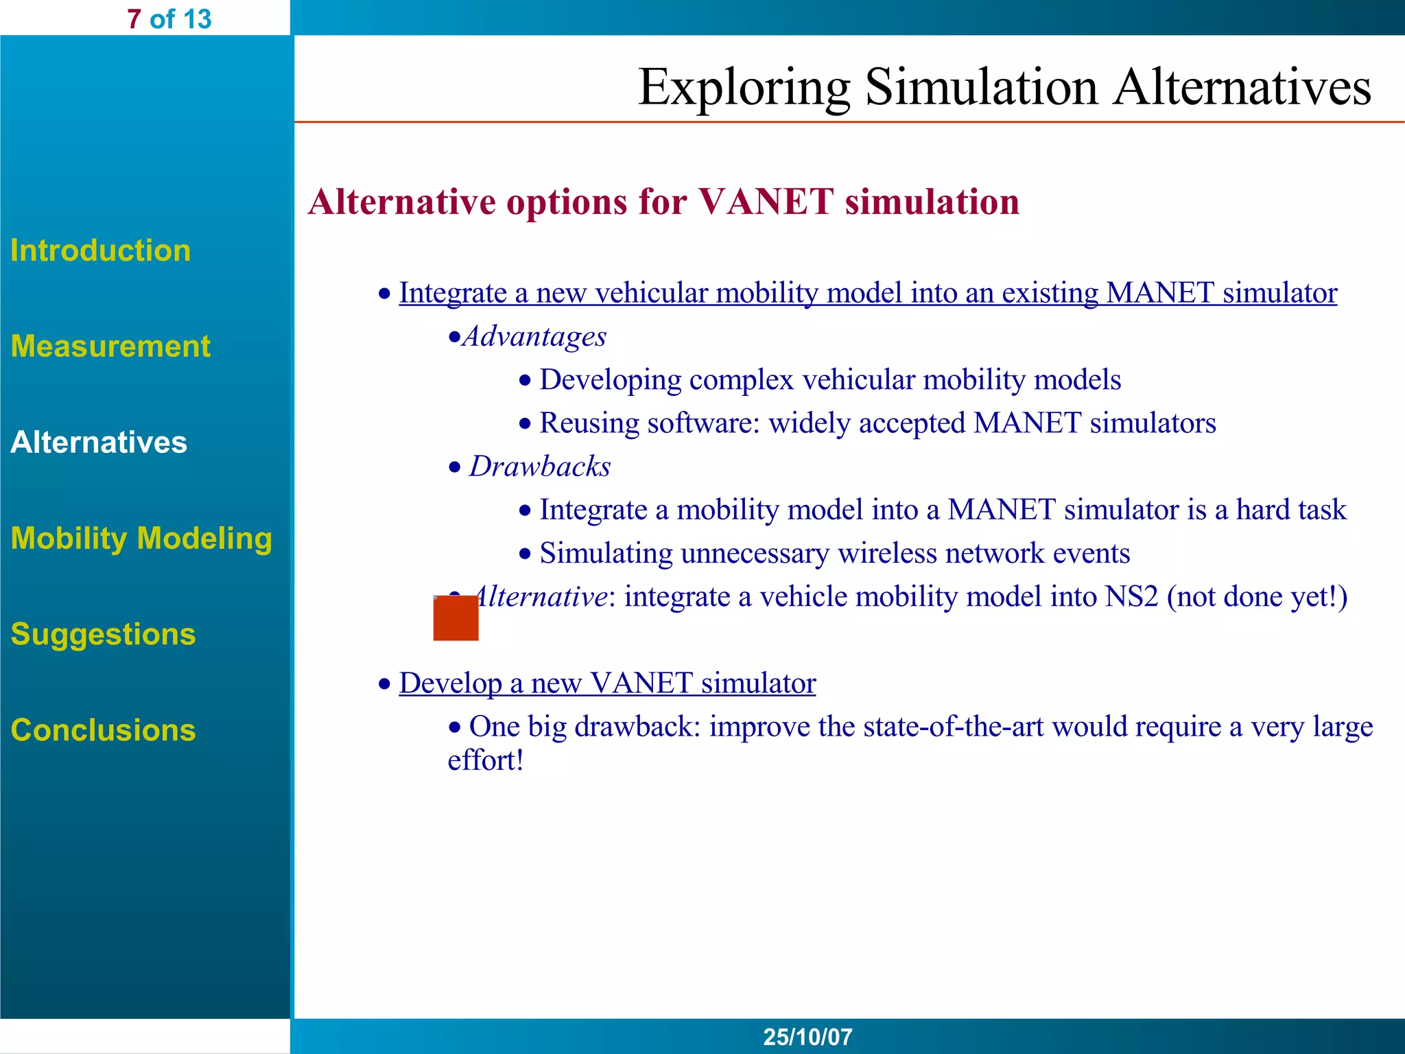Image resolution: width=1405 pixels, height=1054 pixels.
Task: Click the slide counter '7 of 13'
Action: point(169,19)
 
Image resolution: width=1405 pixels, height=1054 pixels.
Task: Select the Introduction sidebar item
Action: point(100,250)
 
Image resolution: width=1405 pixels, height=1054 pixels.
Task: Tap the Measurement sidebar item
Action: point(110,346)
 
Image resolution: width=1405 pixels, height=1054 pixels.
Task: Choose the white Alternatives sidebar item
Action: point(99,442)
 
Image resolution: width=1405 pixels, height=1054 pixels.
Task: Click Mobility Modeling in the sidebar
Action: point(141,538)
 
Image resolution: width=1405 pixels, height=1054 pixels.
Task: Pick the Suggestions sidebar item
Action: point(103,634)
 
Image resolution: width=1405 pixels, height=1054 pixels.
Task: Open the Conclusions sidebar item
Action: point(103,730)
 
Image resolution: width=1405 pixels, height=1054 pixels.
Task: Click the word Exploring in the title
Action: point(744,88)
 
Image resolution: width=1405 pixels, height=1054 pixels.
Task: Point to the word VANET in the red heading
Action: point(766,202)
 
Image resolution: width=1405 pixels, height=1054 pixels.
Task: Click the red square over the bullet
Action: point(456,618)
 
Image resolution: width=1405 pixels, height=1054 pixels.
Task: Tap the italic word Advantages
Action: point(534,336)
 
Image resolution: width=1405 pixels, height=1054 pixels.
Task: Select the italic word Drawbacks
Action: point(539,467)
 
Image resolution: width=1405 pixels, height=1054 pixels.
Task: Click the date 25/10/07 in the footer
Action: point(807,1037)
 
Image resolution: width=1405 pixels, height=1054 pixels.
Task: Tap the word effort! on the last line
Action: point(486,760)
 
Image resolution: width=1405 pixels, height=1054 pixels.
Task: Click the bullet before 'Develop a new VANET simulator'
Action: point(385,684)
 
